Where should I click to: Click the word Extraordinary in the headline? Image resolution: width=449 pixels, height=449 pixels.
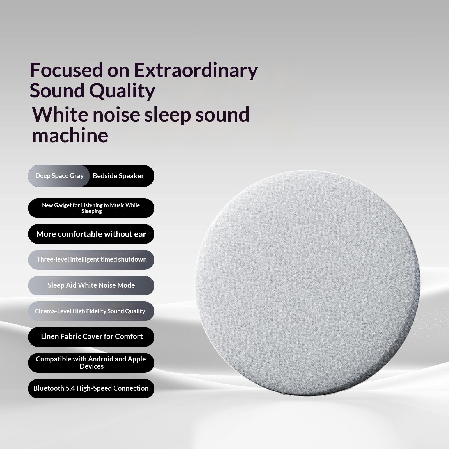pyautogui.click(x=196, y=70)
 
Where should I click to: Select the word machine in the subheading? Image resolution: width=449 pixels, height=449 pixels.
pyautogui.click(x=70, y=136)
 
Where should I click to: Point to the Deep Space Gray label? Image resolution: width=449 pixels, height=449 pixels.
pyautogui.click(x=59, y=176)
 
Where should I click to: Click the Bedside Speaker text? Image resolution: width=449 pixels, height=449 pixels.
pyautogui.click(x=118, y=176)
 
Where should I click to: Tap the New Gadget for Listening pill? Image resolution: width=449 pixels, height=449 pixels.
pyautogui.click(x=91, y=208)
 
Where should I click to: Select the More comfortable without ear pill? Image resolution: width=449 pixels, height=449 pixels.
pyautogui.click(x=91, y=234)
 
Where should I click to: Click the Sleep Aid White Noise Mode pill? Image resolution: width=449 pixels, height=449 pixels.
pyautogui.click(x=91, y=286)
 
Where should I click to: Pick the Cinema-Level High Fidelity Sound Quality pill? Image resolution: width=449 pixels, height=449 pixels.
pyautogui.click(x=91, y=311)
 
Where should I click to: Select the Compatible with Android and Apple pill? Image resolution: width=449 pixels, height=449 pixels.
pyautogui.click(x=91, y=363)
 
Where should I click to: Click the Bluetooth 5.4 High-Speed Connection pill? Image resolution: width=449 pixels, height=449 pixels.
pyautogui.click(x=91, y=389)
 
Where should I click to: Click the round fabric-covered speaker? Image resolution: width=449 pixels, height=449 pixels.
pyautogui.click(x=308, y=283)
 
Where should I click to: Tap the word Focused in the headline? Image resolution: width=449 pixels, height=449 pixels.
pyautogui.click(x=66, y=70)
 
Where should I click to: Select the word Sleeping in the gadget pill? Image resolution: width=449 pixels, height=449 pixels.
pyautogui.click(x=92, y=212)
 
